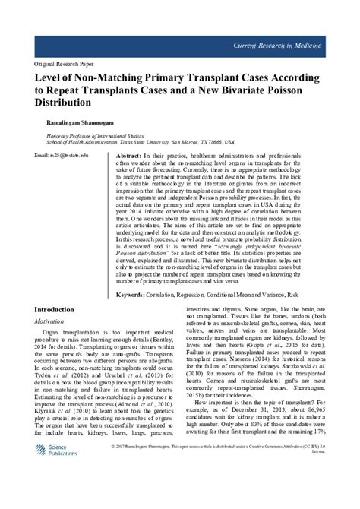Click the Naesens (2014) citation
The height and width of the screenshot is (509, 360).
pos(235,359)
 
